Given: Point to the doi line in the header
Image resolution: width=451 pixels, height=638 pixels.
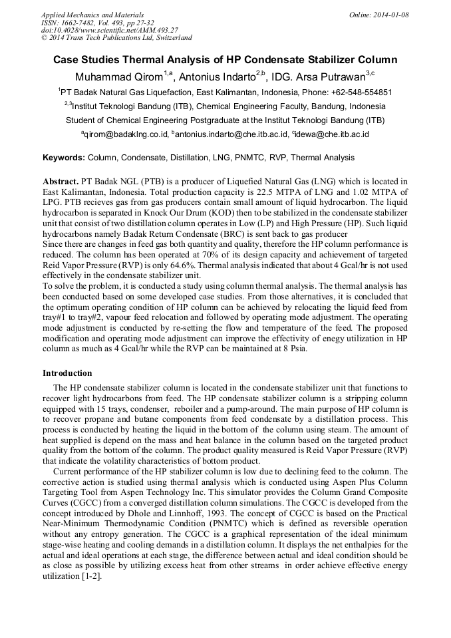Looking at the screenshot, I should click(110, 30).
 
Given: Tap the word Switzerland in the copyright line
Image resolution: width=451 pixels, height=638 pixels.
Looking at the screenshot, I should click(171, 38).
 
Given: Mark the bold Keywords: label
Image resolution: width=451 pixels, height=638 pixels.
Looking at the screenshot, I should click(64, 158).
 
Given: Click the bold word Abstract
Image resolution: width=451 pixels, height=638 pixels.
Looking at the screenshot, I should click(61, 182).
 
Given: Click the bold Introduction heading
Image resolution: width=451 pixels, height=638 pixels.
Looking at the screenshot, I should click(67, 373).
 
